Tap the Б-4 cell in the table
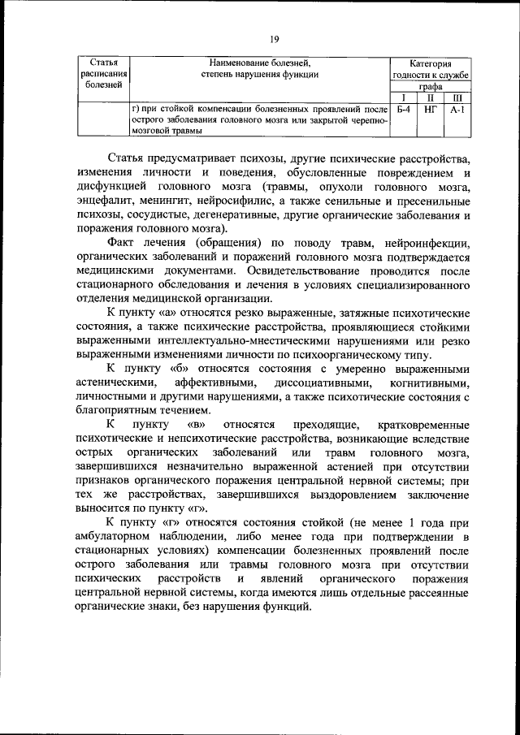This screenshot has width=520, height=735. pyautogui.click(x=403, y=107)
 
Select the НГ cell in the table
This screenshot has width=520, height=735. pyautogui.click(x=431, y=107)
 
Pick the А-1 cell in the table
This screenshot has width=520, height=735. pyautogui.click(x=457, y=107)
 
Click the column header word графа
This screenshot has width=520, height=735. pyautogui.click(x=430, y=86)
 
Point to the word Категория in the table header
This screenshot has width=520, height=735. pyautogui.click(x=430, y=63)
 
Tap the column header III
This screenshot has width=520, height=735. pyautogui.click(x=457, y=97)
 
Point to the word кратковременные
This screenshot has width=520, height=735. pyautogui.click(x=423, y=426)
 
